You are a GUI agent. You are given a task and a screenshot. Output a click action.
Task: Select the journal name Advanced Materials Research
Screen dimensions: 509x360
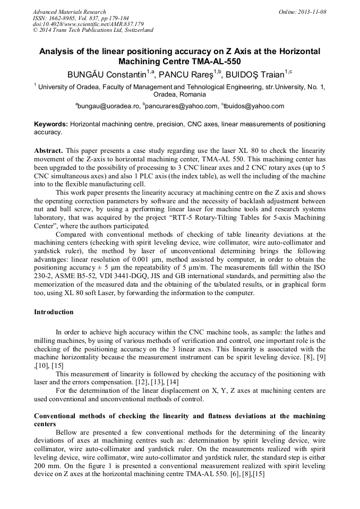(x=69, y=12)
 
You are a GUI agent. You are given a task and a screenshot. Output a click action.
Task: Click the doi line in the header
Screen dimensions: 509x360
(x=88, y=24)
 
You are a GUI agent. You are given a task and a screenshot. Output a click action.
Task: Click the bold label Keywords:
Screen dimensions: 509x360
(x=50, y=124)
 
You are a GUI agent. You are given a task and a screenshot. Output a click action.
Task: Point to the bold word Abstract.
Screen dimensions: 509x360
(x=49, y=151)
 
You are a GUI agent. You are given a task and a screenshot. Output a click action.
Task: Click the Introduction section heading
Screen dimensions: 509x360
(x=54, y=312)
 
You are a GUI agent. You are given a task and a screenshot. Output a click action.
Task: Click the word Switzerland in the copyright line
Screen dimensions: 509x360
(x=139, y=30)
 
